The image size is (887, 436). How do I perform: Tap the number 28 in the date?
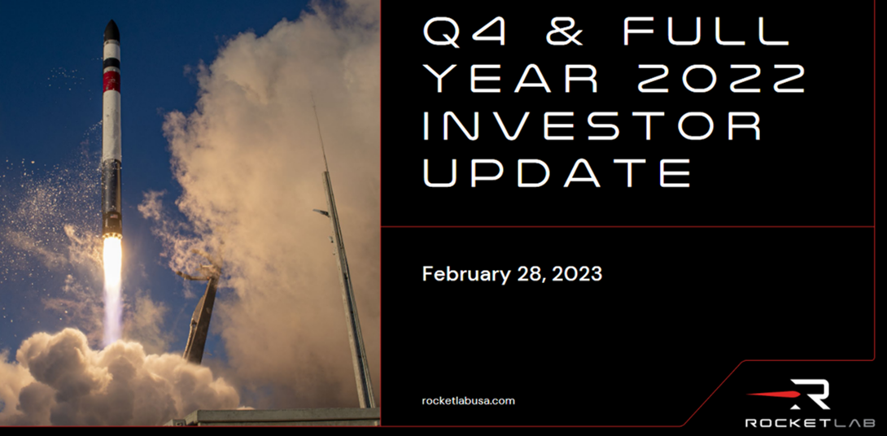(526, 275)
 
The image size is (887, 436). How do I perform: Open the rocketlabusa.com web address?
(469, 401)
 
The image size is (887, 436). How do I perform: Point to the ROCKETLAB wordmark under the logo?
(810, 422)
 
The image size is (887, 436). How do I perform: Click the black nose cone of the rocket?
(112, 31)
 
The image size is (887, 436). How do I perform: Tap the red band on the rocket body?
(111, 81)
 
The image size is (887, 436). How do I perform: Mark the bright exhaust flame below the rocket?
(111, 283)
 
